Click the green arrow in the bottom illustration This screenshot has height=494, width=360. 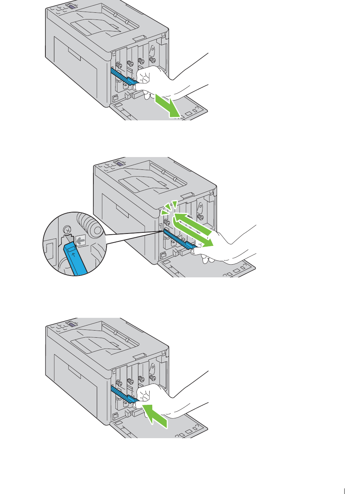tap(154, 414)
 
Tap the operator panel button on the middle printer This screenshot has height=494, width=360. tap(119, 163)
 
